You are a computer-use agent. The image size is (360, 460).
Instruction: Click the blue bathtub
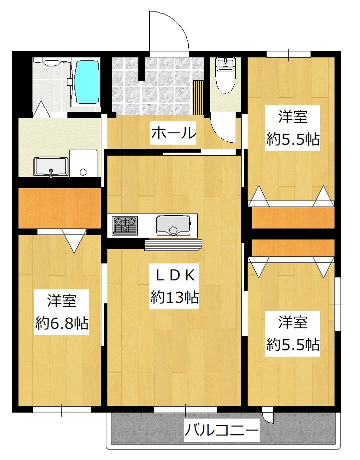coord(87,82)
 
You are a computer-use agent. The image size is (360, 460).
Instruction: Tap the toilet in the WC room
coord(226,76)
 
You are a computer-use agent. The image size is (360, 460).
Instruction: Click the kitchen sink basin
coord(172,226)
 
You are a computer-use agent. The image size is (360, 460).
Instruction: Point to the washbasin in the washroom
coord(50,167)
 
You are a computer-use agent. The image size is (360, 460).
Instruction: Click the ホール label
coord(173,133)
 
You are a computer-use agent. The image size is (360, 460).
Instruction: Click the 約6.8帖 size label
coord(61,324)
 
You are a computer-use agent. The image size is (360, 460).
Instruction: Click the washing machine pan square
coord(83,163)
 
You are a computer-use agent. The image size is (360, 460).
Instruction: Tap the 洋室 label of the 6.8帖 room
coord(61,301)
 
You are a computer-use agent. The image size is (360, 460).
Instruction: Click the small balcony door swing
coord(268,416)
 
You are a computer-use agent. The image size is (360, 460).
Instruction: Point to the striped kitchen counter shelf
coord(173,244)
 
